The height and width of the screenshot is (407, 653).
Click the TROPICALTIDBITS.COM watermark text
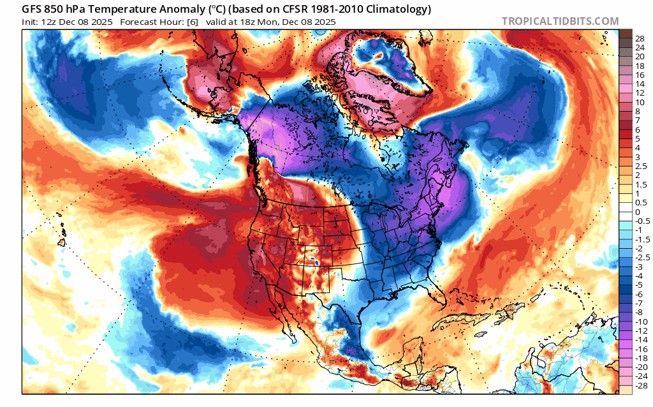(x=560, y=21)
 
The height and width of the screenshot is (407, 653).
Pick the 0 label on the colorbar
(x=638, y=212)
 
